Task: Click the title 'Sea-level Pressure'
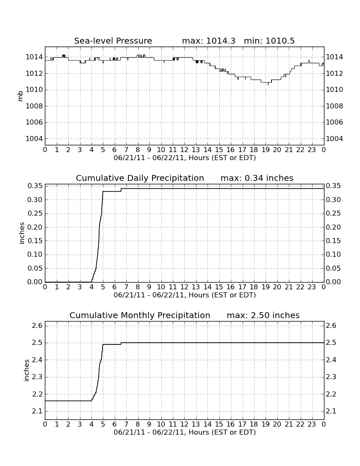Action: tap(113, 41)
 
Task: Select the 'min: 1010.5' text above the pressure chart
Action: tap(269, 41)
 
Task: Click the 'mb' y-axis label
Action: tap(20, 96)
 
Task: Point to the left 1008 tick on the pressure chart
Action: tap(34, 106)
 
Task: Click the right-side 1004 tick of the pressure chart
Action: tap(335, 139)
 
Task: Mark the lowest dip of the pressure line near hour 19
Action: tap(268, 85)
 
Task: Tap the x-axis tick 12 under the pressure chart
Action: tap(184, 150)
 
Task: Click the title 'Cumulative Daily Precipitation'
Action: tap(140, 178)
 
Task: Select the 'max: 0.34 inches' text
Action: tap(257, 178)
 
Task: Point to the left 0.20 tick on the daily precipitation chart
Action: tap(35, 227)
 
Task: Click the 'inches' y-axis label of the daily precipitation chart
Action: tap(21, 233)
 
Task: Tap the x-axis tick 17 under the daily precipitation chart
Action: tap(242, 287)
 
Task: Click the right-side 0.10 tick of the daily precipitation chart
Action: tap(333, 255)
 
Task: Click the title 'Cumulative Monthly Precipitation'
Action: tap(140, 315)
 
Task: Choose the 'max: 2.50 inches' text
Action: tap(263, 315)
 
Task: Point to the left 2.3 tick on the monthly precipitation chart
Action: tap(37, 377)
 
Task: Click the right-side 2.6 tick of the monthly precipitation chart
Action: tap(331, 326)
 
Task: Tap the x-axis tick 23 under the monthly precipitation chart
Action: tap(312, 424)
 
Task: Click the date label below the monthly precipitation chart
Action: tap(185, 432)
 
